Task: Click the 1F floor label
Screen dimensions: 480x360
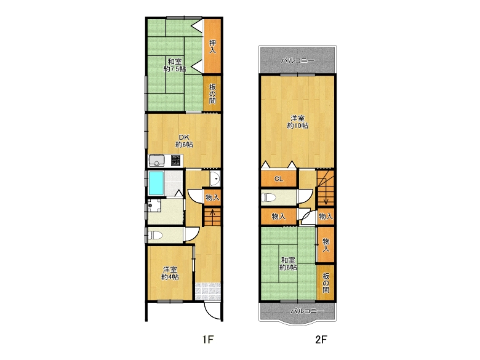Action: point(207,339)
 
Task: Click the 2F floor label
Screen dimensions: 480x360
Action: point(321,339)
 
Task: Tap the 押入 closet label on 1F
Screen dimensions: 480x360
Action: point(212,47)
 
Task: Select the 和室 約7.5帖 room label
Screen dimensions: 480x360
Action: point(175,65)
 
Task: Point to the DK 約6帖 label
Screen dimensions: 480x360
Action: point(184,141)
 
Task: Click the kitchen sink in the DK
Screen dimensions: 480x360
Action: point(156,161)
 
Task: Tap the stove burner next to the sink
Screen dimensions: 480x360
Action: point(175,161)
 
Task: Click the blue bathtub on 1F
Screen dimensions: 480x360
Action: point(156,183)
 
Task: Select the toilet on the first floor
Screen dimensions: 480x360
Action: point(156,235)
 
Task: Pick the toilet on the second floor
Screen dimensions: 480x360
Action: point(269,197)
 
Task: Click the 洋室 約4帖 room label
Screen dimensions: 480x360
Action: point(170,273)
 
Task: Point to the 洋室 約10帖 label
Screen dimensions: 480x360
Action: point(297,122)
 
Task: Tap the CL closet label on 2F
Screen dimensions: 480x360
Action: point(279,179)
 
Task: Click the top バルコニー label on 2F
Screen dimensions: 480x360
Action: point(298,60)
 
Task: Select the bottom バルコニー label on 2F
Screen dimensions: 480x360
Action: point(306,311)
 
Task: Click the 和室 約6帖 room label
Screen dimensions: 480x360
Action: point(288,264)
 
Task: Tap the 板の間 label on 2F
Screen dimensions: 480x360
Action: point(326,283)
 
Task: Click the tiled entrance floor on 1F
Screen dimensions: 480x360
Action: point(208,291)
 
